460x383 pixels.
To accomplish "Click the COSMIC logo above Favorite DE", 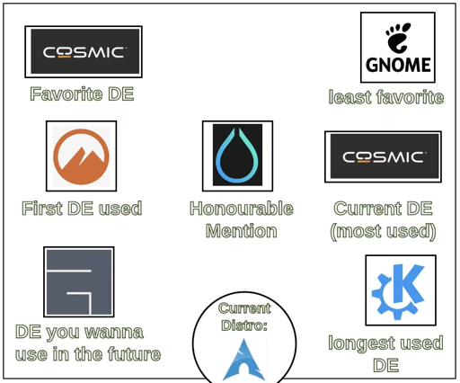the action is click(x=84, y=51).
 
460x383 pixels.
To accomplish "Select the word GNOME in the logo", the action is click(x=398, y=65).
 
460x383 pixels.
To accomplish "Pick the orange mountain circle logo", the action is click(x=81, y=156).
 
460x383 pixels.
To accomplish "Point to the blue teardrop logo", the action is click(x=237, y=156).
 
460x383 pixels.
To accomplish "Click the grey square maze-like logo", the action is click(x=79, y=282).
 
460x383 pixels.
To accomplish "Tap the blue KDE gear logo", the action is click(x=398, y=291).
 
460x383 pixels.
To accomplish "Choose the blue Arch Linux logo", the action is click(x=244, y=360).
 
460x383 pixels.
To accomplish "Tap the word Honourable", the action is click(x=242, y=209).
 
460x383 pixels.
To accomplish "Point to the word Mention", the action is click(x=242, y=231).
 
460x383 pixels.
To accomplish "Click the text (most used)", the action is click(x=383, y=232).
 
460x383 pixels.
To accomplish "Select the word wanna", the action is click(x=114, y=333).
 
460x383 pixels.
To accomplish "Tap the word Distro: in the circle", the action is click(x=244, y=325).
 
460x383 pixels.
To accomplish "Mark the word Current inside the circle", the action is click(x=244, y=308).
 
